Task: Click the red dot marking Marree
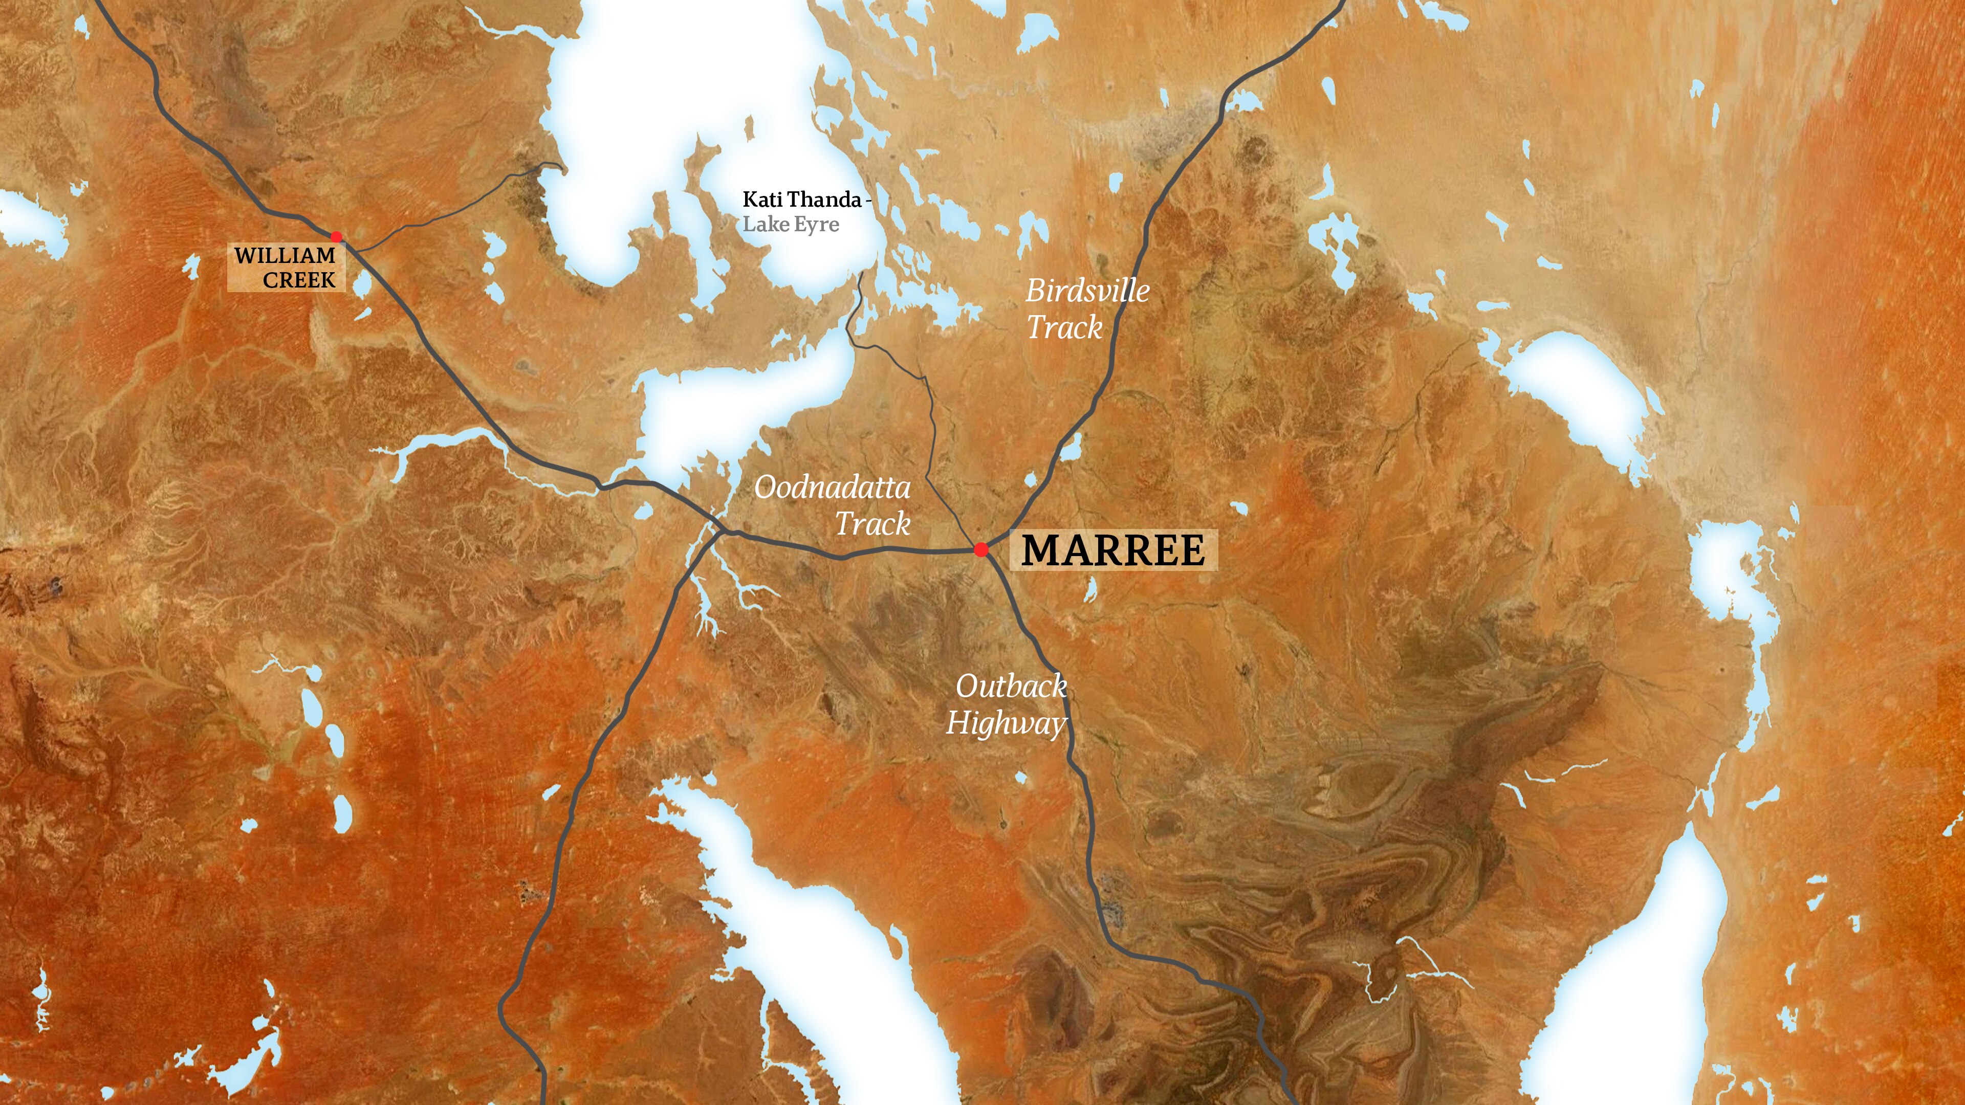[981, 549]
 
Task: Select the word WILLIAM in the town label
[285, 255]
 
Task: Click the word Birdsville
[1087, 291]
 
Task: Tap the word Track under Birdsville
[1064, 328]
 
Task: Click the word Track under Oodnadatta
[872, 524]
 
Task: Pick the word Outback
[1011, 687]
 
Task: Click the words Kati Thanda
[802, 200]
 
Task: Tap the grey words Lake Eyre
[791, 224]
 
